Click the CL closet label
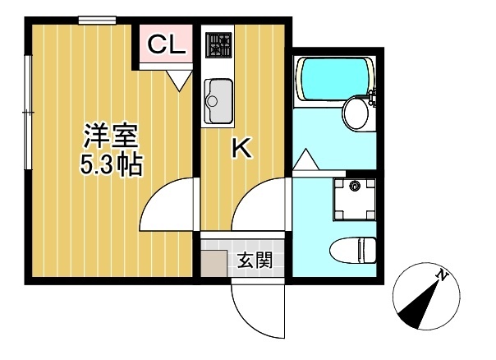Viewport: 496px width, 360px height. pos(166,46)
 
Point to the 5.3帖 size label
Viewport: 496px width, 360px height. pos(110,165)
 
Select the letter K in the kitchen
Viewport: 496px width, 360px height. pos(241,148)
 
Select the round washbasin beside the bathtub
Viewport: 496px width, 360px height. pos(356,113)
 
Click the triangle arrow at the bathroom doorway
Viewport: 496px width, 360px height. pos(306,160)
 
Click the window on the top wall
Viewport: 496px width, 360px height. pos(97,21)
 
